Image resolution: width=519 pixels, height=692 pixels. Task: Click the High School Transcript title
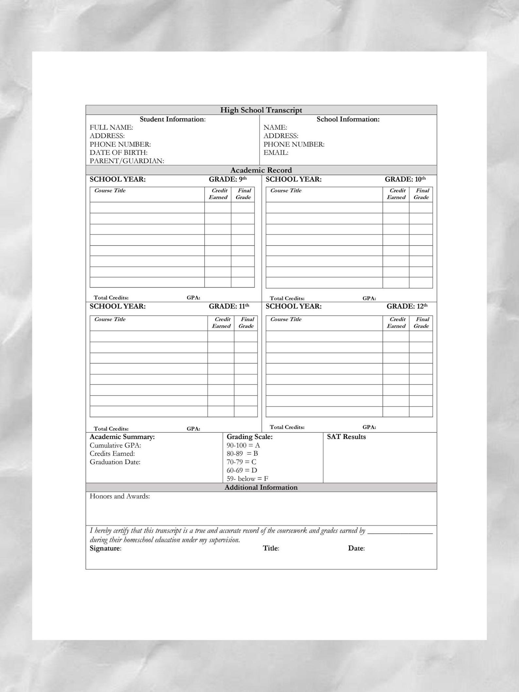pyautogui.click(x=261, y=110)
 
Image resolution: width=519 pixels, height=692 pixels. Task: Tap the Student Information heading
pyautogui.click(x=173, y=119)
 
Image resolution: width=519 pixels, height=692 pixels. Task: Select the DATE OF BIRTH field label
pyautogui.click(x=119, y=153)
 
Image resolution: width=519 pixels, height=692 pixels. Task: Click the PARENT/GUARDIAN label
pyautogui.click(x=127, y=161)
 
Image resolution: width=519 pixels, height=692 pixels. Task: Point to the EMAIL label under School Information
pyautogui.click(x=276, y=153)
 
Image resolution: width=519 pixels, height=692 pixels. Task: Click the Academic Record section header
pyautogui.click(x=261, y=170)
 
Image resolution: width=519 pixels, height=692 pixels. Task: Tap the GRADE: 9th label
pyautogui.click(x=227, y=179)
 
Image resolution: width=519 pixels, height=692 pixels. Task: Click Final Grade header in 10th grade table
pyautogui.click(x=422, y=194)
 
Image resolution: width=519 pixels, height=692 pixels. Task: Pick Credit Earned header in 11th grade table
pyautogui.click(x=222, y=323)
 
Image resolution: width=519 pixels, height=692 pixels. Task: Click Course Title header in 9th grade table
pyautogui.click(x=110, y=191)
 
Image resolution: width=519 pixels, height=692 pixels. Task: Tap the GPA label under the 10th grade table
pyautogui.click(x=369, y=298)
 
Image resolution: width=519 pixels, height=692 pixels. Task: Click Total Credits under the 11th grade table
pyautogui.click(x=111, y=429)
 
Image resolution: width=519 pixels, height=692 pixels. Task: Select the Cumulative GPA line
pyautogui.click(x=115, y=445)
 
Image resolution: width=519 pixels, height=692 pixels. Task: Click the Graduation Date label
pyautogui.click(x=115, y=462)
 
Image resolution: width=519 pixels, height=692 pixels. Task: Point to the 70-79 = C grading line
pyautogui.click(x=242, y=462)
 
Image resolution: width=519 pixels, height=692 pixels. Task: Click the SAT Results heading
pyautogui.click(x=346, y=437)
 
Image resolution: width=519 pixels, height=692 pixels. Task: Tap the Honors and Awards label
pyautogui.click(x=120, y=496)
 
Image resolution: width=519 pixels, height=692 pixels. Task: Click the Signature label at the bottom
pyautogui.click(x=105, y=548)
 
